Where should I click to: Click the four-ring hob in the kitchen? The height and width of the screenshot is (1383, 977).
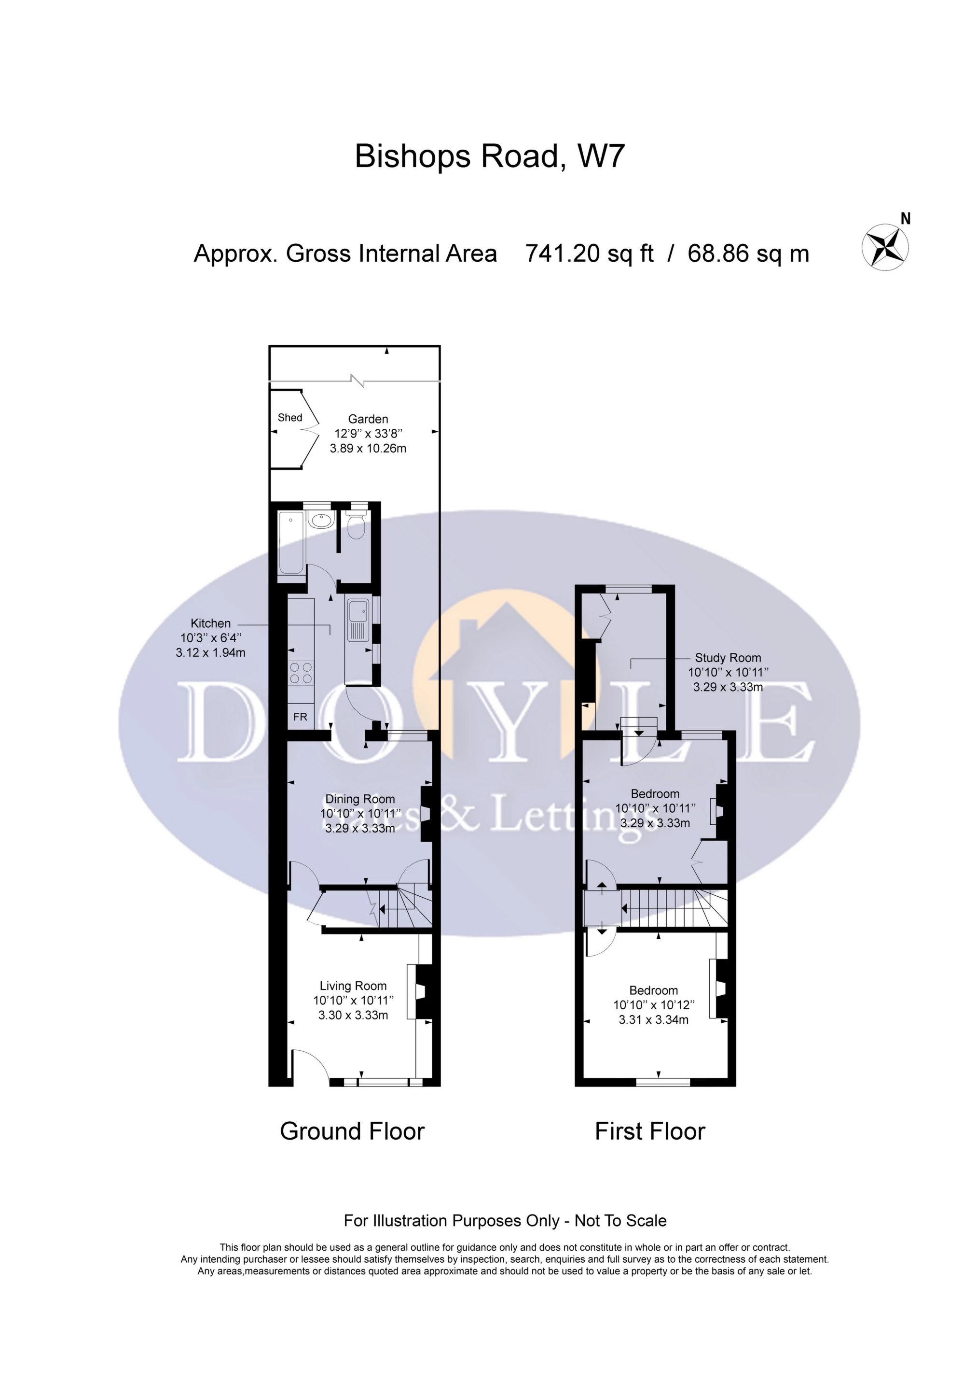pos(301,673)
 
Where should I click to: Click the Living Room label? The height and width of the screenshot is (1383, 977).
pos(353,986)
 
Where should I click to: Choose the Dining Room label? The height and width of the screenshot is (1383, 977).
pos(360,799)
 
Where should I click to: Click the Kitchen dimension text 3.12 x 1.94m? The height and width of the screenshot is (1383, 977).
pos(211,652)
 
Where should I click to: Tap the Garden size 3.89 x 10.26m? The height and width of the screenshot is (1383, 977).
pos(368,448)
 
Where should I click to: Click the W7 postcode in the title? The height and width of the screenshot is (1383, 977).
pos(601,156)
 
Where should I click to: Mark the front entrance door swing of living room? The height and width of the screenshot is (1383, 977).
pos(310,1067)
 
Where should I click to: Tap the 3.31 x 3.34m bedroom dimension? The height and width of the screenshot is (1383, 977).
pos(654,1020)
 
